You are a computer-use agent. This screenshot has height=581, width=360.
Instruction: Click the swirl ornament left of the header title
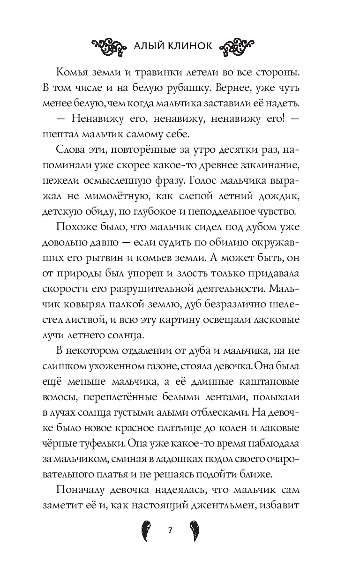pyautogui.click(x=109, y=46)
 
